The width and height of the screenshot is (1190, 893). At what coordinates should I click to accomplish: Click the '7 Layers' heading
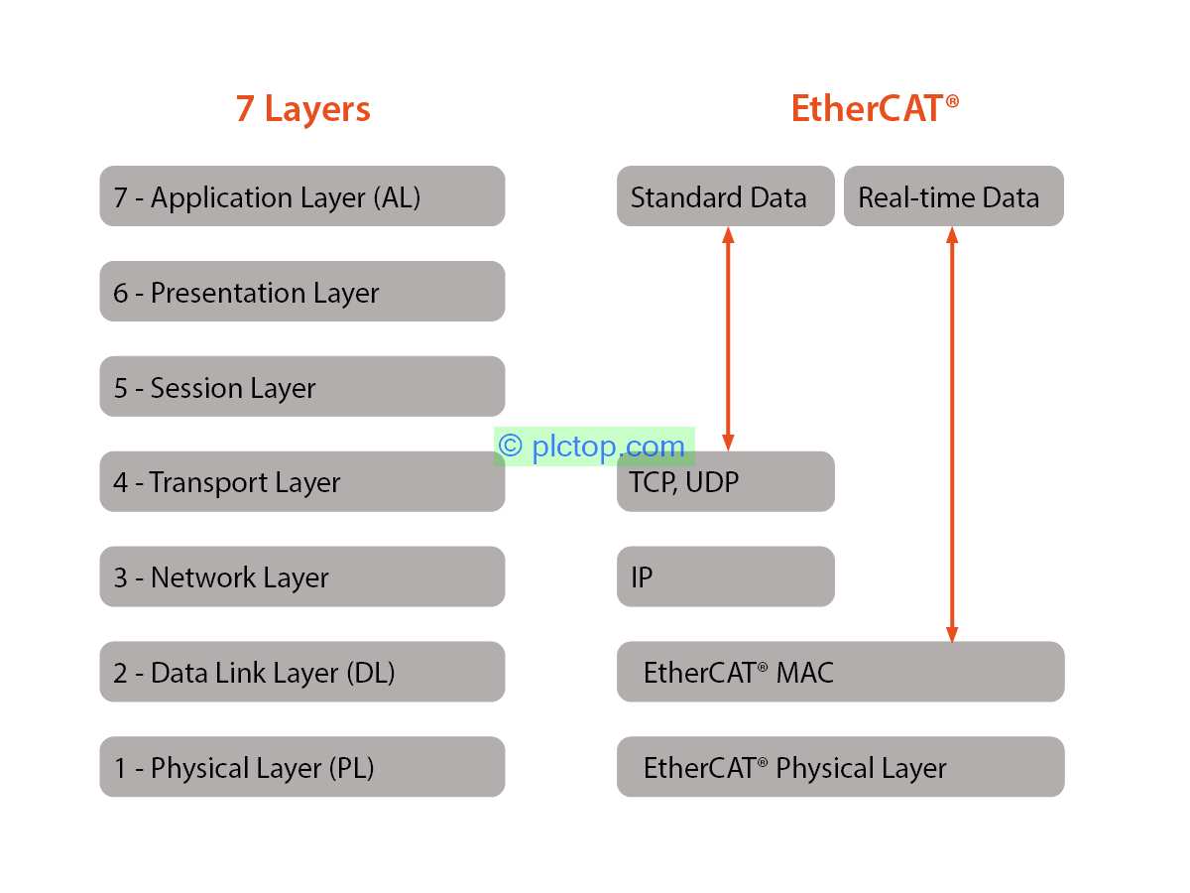pyautogui.click(x=302, y=109)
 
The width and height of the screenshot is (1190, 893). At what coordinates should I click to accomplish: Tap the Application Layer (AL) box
pyautogui.click(x=301, y=196)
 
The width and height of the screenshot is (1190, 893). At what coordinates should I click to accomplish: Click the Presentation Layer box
pyautogui.click(x=301, y=292)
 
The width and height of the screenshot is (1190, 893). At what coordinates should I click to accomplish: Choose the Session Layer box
pyautogui.click(x=301, y=387)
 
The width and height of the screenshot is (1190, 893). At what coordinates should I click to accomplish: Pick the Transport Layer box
pyautogui.click(x=301, y=482)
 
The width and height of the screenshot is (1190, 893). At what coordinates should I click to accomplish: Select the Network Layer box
pyautogui.click(x=301, y=577)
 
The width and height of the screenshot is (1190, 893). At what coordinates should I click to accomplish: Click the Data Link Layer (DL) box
pyautogui.click(x=301, y=673)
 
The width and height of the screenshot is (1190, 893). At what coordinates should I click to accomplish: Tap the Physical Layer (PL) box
pyautogui.click(x=301, y=767)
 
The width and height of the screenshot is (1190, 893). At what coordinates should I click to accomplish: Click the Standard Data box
pyautogui.click(x=725, y=196)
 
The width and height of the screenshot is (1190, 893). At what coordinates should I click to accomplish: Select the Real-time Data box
pyautogui.click(x=953, y=196)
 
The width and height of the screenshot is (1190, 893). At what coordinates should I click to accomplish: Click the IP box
pyautogui.click(x=725, y=577)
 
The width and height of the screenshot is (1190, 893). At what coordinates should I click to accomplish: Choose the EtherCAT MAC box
pyautogui.click(x=840, y=673)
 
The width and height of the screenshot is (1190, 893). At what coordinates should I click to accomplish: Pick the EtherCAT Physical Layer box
pyautogui.click(x=840, y=767)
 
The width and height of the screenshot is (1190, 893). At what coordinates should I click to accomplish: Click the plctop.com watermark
pyautogui.click(x=593, y=446)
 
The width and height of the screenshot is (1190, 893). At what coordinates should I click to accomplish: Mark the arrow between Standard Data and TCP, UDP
pyautogui.click(x=728, y=337)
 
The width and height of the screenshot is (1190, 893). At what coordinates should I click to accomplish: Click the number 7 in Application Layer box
pyautogui.click(x=121, y=197)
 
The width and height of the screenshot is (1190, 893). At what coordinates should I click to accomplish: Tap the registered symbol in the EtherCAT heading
pyautogui.click(x=952, y=101)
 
